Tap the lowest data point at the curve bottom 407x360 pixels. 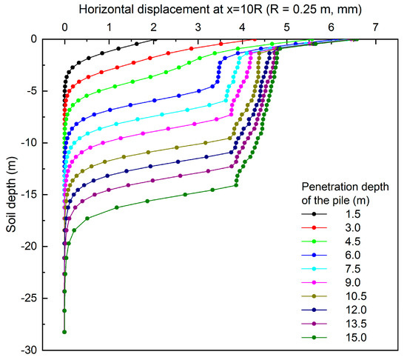coord(64,332)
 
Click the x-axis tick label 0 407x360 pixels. coord(65,27)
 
